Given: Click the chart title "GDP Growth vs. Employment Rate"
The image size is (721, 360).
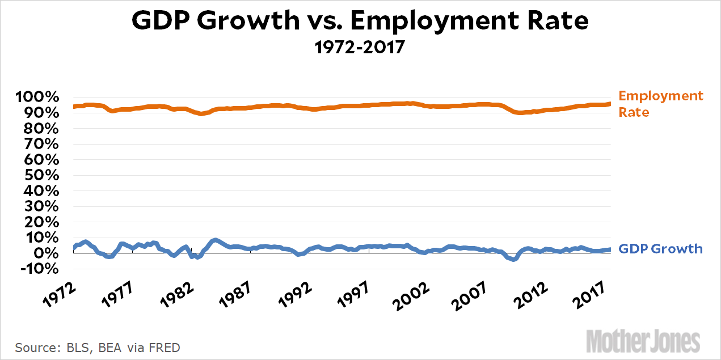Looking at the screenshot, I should [360, 22].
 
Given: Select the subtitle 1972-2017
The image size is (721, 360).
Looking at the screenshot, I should [360, 46].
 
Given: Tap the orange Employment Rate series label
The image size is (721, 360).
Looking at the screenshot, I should [660, 104].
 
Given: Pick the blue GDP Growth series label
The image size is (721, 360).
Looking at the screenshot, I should [660, 249].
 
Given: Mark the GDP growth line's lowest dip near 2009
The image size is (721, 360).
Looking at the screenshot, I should [513, 260].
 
